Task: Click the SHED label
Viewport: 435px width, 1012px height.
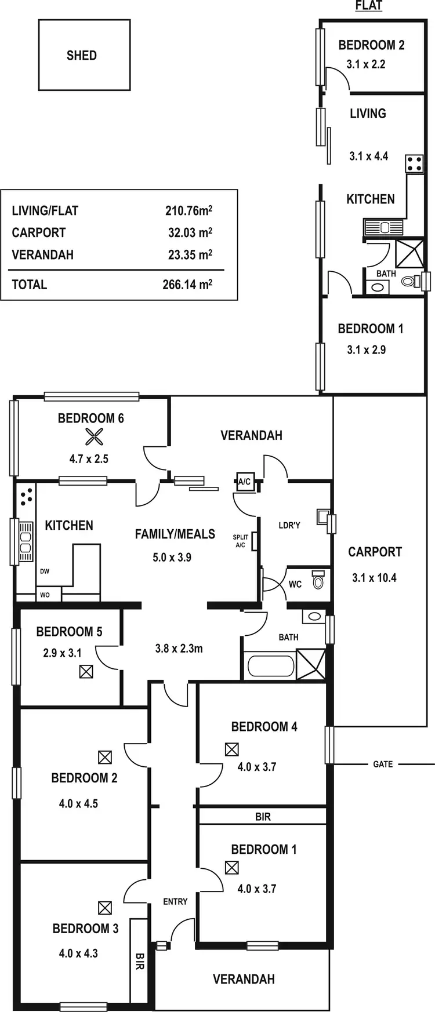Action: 82,56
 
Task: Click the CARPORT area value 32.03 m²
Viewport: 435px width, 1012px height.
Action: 190,232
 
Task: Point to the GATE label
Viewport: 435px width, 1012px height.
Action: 383,765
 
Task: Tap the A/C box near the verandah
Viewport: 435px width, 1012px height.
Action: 244,482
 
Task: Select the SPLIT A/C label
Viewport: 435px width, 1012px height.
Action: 241,541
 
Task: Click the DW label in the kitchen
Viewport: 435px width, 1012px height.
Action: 45,571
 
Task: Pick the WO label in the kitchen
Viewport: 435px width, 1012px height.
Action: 45,595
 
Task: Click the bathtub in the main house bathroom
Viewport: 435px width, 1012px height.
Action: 270,665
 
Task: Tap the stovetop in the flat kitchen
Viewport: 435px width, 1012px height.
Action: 414,163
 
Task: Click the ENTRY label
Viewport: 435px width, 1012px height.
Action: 175,901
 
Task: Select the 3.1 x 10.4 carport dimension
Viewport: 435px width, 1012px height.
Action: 374,578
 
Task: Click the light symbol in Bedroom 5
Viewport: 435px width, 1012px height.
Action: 86,672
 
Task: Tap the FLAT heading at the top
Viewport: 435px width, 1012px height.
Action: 368,6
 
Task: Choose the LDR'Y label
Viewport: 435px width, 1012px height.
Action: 289,525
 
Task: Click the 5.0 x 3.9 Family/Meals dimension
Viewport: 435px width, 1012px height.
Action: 172,558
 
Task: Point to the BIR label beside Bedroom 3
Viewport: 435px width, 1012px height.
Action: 140,962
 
